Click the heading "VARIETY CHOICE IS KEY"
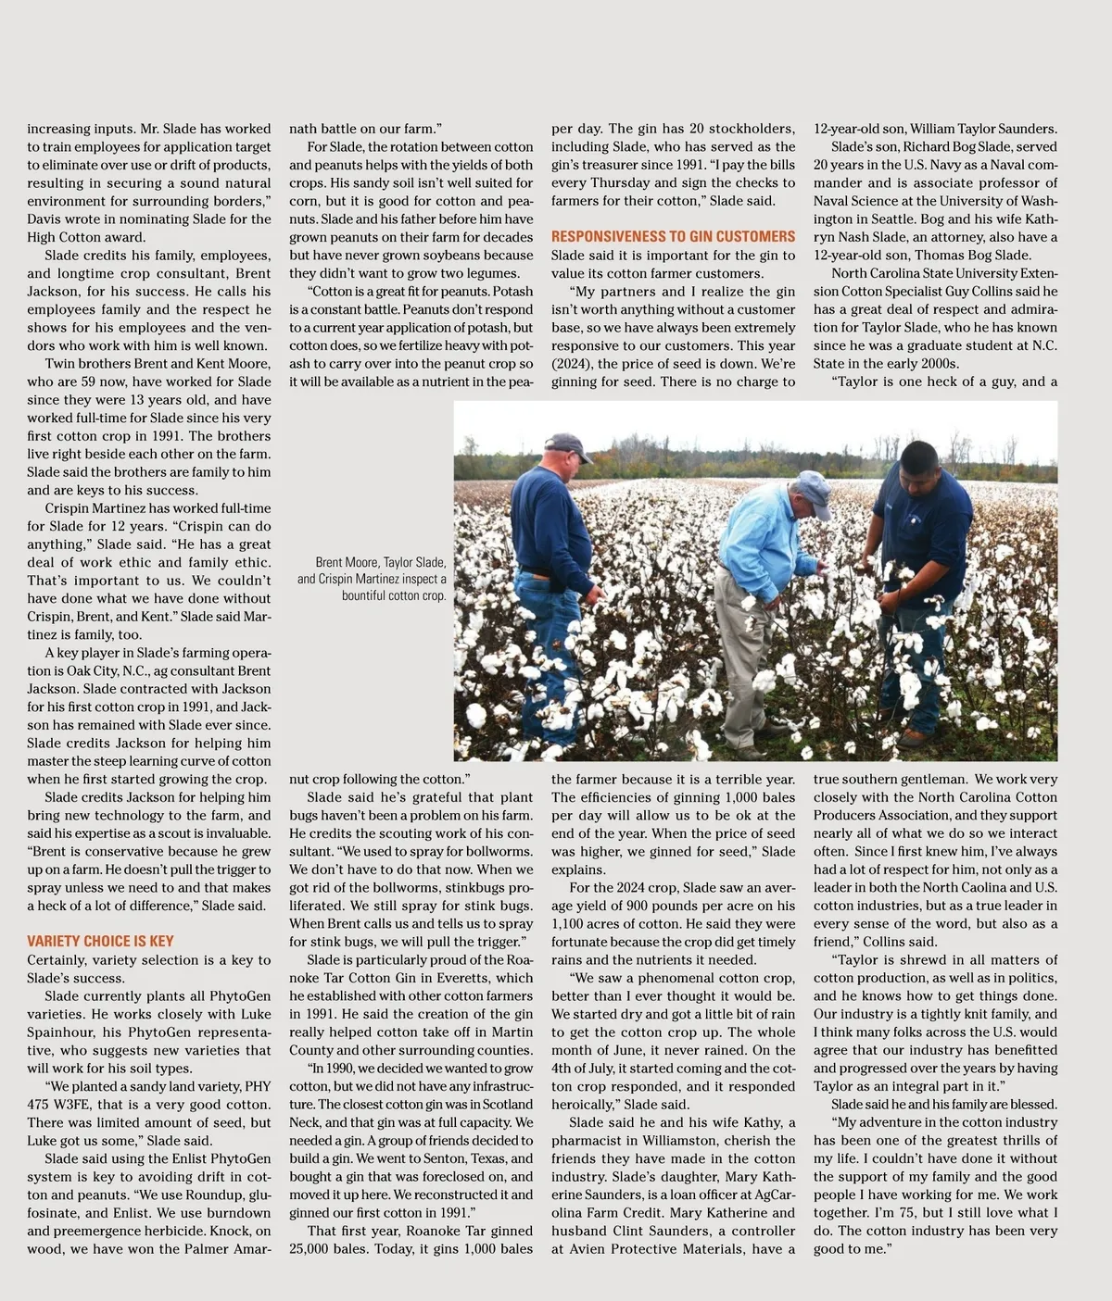(x=100, y=941)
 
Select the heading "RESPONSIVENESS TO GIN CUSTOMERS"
(x=673, y=237)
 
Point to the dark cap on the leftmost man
(x=568, y=446)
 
